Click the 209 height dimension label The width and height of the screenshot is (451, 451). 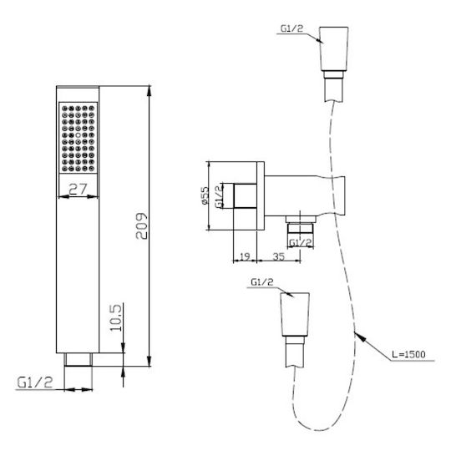(141, 225)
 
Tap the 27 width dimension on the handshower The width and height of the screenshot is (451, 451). (78, 189)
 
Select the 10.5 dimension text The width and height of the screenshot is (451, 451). (116, 318)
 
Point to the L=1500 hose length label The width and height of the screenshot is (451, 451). (408, 354)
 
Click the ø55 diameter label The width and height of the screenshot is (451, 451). (205, 195)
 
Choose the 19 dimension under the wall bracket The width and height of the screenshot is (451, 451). (245, 256)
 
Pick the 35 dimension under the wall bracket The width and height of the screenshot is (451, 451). (278, 256)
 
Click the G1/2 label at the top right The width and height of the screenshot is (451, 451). (292, 28)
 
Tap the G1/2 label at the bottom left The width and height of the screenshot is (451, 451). (35, 383)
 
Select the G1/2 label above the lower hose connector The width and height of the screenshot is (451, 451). (262, 282)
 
